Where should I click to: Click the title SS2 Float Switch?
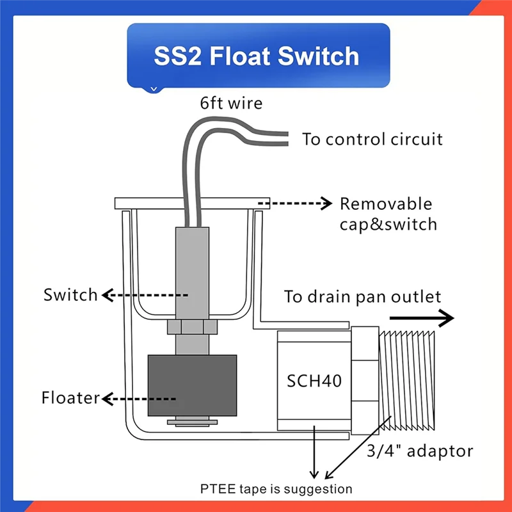pyautogui.click(x=257, y=56)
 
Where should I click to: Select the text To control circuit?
pyautogui.click(x=372, y=139)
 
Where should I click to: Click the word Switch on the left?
pyautogui.click(x=70, y=295)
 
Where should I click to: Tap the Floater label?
pyautogui.click(x=71, y=398)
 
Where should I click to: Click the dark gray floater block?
pyautogui.click(x=193, y=385)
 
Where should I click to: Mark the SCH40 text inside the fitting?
pyautogui.click(x=314, y=381)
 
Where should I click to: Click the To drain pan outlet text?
pyautogui.click(x=363, y=297)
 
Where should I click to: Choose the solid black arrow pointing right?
pyautogui.click(x=422, y=318)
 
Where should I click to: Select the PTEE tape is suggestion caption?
pyautogui.click(x=276, y=489)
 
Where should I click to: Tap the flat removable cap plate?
pyautogui.click(x=192, y=203)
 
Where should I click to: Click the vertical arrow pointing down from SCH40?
pyautogui.click(x=314, y=454)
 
